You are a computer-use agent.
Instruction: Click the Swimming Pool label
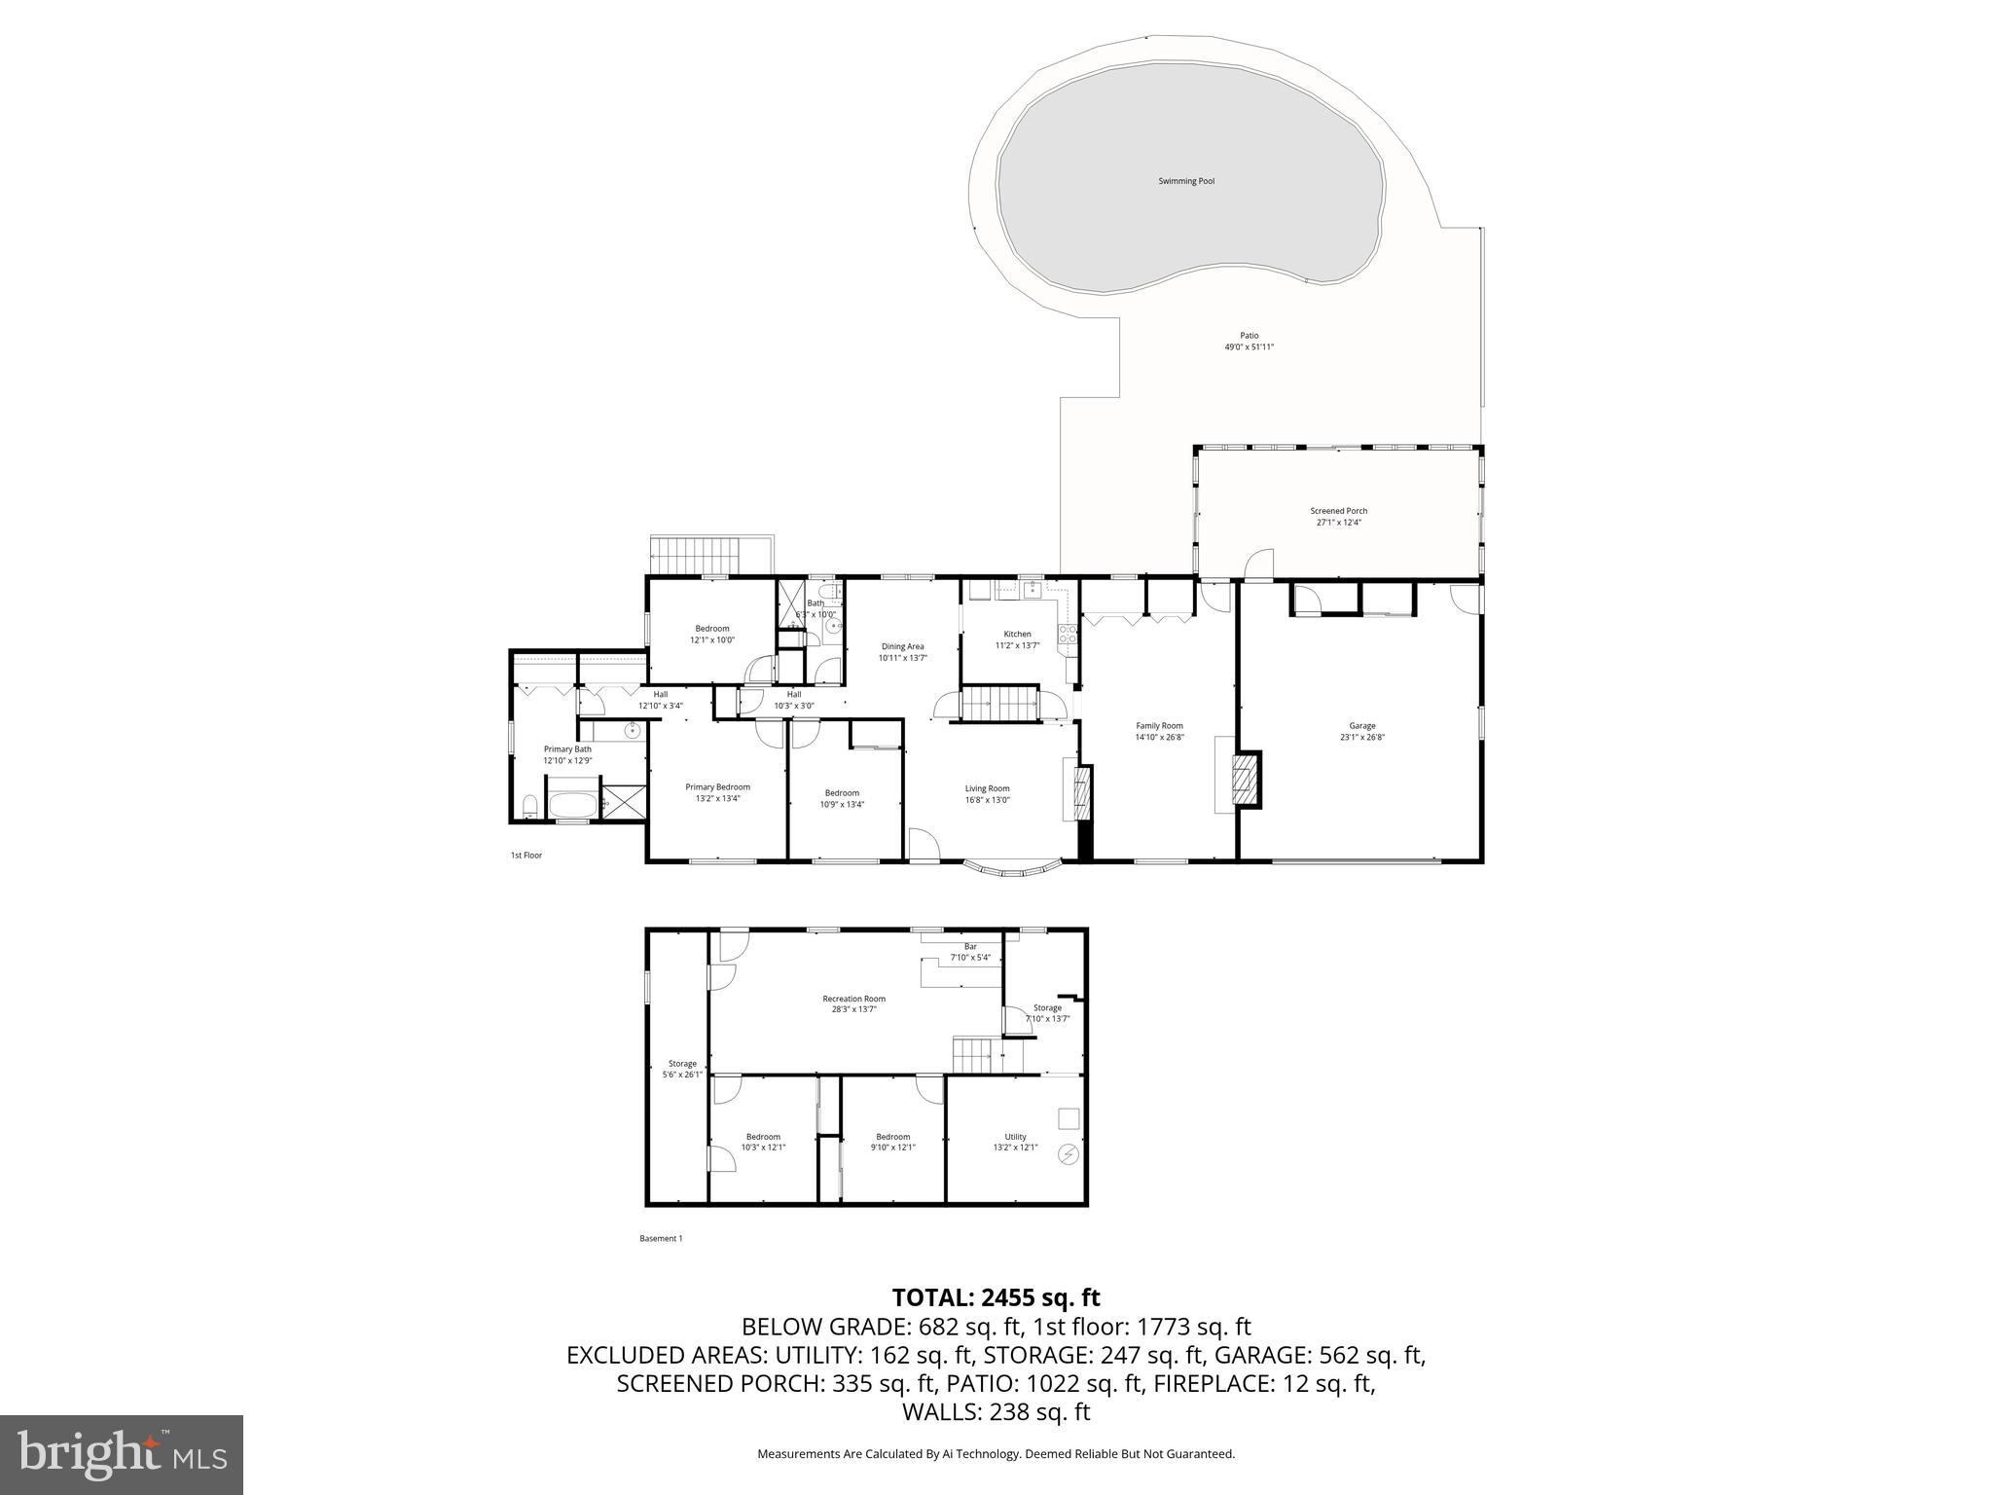pos(1185,181)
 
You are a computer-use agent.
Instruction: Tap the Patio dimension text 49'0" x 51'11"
pos(1249,347)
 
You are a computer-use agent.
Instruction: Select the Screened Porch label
pos(1338,511)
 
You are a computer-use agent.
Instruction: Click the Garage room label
pos(1361,726)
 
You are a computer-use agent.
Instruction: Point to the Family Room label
pos(1159,726)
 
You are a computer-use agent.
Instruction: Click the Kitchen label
pos(1017,635)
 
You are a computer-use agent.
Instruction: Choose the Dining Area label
pos(902,646)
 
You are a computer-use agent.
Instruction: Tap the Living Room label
pos(987,788)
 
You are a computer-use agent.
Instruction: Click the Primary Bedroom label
pos(717,787)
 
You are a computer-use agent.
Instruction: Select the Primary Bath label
pos(567,749)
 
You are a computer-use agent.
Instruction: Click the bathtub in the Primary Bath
pos(571,805)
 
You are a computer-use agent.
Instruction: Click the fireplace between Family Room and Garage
pos(1245,779)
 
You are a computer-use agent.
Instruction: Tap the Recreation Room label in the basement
pos(853,999)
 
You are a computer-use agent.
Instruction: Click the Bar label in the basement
pos(969,947)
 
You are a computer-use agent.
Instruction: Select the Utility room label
pos(1015,1137)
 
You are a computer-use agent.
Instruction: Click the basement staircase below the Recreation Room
pos(974,1055)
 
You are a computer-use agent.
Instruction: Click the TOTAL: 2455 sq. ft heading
pos(996,1297)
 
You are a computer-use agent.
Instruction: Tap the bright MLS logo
pos(122,1454)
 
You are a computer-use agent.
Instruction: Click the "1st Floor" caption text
pos(525,856)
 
